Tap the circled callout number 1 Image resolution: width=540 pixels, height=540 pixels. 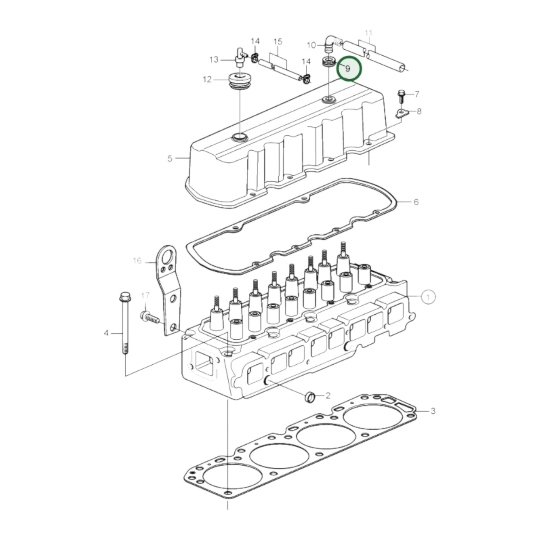pyautogui.click(x=428, y=297)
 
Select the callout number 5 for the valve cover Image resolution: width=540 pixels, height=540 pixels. pyautogui.click(x=170, y=158)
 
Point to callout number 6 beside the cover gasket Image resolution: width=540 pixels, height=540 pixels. pyautogui.click(x=416, y=202)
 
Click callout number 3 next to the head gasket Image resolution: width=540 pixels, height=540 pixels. pyautogui.click(x=433, y=411)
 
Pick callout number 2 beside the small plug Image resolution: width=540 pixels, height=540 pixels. pyautogui.click(x=328, y=395)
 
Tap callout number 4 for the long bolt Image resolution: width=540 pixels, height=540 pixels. pyautogui.click(x=106, y=333)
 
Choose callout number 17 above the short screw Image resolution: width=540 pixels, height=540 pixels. pyautogui.click(x=145, y=296)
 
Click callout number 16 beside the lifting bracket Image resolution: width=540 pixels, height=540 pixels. pyautogui.click(x=137, y=260)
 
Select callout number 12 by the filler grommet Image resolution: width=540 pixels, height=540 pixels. pyautogui.click(x=207, y=80)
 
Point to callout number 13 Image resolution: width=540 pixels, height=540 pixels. pyautogui.click(x=214, y=60)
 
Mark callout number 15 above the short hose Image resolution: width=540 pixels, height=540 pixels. pyautogui.click(x=278, y=41)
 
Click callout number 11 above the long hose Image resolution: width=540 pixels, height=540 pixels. pyautogui.click(x=368, y=33)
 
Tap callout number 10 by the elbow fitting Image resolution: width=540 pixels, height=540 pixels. pyautogui.click(x=311, y=45)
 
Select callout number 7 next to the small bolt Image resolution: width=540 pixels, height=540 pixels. pyautogui.click(x=417, y=94)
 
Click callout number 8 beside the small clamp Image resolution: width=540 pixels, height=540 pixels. pyautogui.click(x=419, y=111)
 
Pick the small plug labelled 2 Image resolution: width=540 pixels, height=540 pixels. pyautogui.click(x=310, y=397)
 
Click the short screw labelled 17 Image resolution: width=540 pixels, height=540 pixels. pyautogui.click(x=149, y=318)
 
